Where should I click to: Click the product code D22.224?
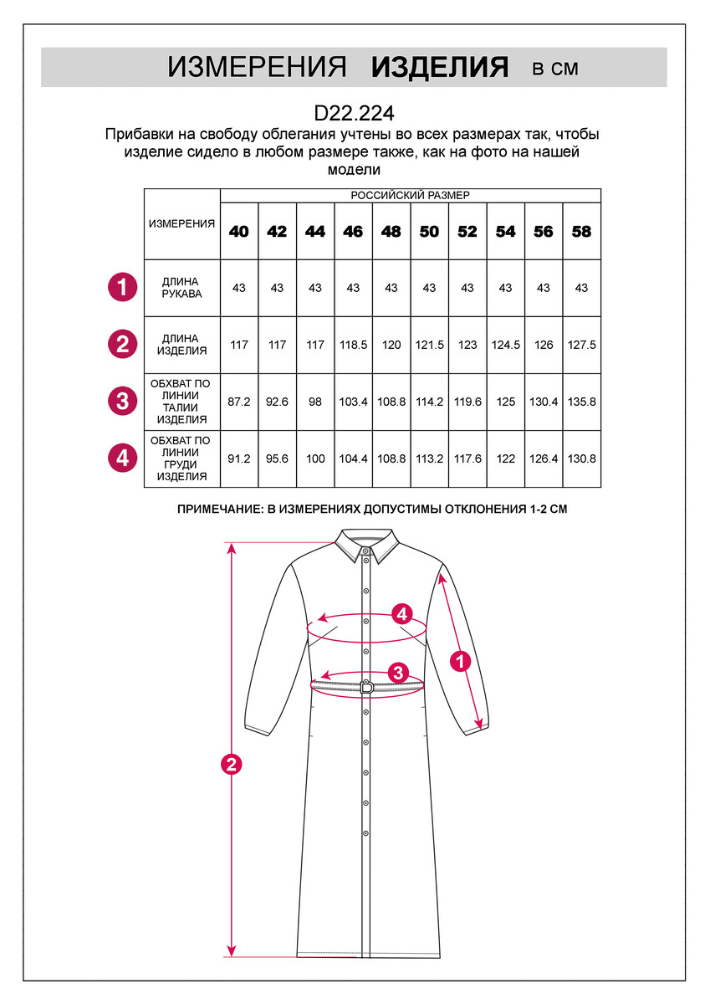tap(354, 112)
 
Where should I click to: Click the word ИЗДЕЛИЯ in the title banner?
tap(440, 68)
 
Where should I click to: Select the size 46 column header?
tap(353, 231)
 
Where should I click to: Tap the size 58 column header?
tap(581, 231)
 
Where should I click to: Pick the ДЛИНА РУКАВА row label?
tap(181, 288)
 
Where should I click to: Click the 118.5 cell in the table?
tap(353, 345)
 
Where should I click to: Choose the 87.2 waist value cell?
tap(239, 402)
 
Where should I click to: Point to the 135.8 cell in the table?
tap(581, 402)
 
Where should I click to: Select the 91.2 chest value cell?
tap(239, 458)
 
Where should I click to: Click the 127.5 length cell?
tap(581, 345)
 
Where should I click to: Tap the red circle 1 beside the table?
tap(122, 288)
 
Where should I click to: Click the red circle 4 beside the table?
tap(122, 458)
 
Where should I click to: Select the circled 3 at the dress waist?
tap(398, 672)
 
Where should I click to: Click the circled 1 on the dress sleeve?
tap(459, 661)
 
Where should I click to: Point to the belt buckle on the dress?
tap(366, 687)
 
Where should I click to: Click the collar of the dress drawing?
tap(365, 545)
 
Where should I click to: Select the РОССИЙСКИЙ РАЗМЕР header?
tap(410, 195)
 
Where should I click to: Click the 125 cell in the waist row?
tap(505, 402)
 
